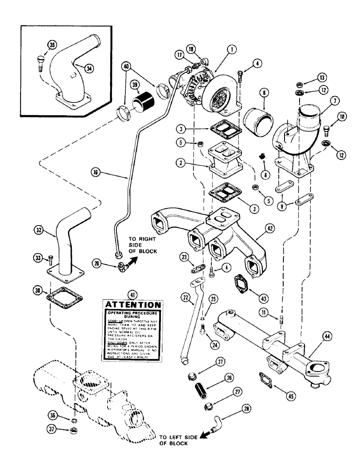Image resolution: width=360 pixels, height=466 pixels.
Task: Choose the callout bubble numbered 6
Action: [x=264, y=93]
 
